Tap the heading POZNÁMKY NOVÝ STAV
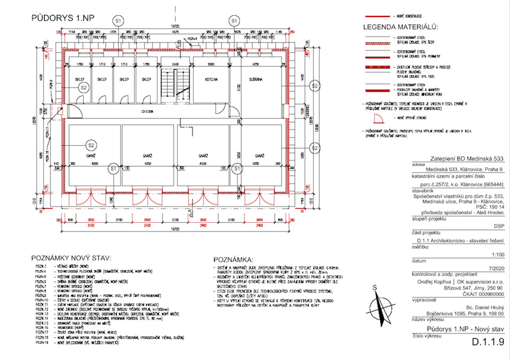[71, 258]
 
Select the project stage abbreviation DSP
[497, 226]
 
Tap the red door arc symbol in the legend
[378, 118]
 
